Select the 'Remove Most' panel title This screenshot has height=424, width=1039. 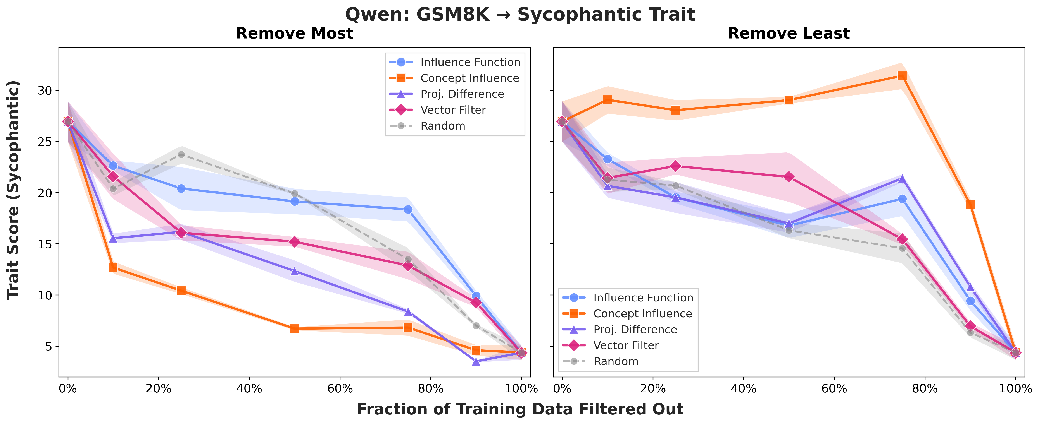(x=294, y=33)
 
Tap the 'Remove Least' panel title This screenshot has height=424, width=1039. (x=789, y=33)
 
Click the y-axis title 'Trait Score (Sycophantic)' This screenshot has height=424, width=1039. (x=13, y=190)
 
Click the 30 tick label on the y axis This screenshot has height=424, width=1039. (x=45, y=90)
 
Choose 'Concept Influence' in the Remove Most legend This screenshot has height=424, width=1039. (x=469, y=78)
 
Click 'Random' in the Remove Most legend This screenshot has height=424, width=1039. (x=442, y=126)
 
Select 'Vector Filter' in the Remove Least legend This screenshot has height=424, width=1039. (x=626, y=345)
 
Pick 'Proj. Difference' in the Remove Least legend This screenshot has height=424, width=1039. (x=635, y=330)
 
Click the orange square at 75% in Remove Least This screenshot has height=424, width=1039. (x=902, y=76)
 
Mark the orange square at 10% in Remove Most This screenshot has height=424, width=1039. (x=113, y=268)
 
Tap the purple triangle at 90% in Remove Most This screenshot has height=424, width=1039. (x=476, y=362)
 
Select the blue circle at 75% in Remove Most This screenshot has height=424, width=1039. (x=408, y=210)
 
